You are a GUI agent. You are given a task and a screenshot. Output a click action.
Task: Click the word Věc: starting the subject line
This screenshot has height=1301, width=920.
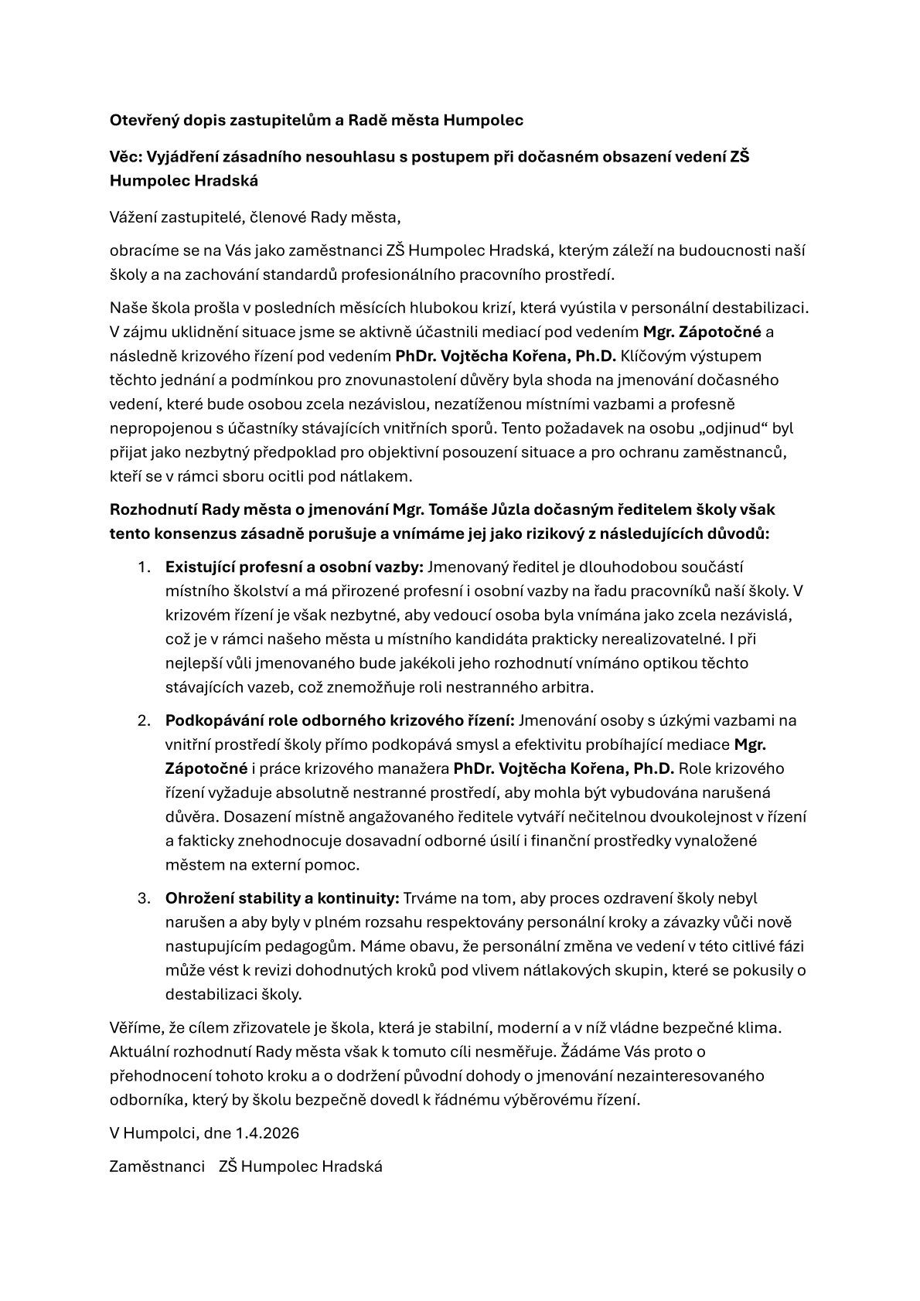[x=126, y=157]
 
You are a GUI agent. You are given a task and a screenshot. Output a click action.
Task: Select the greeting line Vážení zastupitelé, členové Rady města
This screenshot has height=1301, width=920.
[x=255, y=217]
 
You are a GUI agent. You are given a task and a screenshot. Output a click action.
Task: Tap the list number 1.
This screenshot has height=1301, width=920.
[x=144, y=567]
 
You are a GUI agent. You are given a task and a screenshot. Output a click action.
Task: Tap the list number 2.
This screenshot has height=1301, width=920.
[x=144, y=720]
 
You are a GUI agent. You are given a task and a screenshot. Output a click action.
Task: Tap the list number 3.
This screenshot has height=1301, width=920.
[x=144, y=898]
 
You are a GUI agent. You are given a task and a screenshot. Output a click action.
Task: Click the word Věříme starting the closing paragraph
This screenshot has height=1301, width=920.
[x=135, y=1028]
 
